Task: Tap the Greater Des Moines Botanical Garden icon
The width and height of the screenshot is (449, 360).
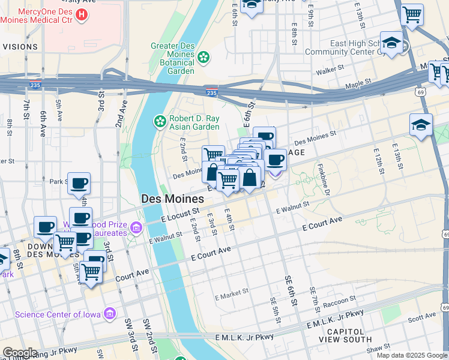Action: coord(203,57)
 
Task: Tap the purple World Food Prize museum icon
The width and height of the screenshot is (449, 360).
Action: coord(136,227)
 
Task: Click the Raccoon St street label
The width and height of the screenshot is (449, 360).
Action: coord(339,301)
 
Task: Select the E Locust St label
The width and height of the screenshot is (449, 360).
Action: coord(180,214)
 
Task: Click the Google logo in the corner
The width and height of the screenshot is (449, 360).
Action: coord(19,353)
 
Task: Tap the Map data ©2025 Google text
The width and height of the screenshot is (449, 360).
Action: coord(412,355)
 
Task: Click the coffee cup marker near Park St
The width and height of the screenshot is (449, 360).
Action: coord(79,184)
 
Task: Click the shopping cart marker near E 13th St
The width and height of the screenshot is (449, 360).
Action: coord(412,14)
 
